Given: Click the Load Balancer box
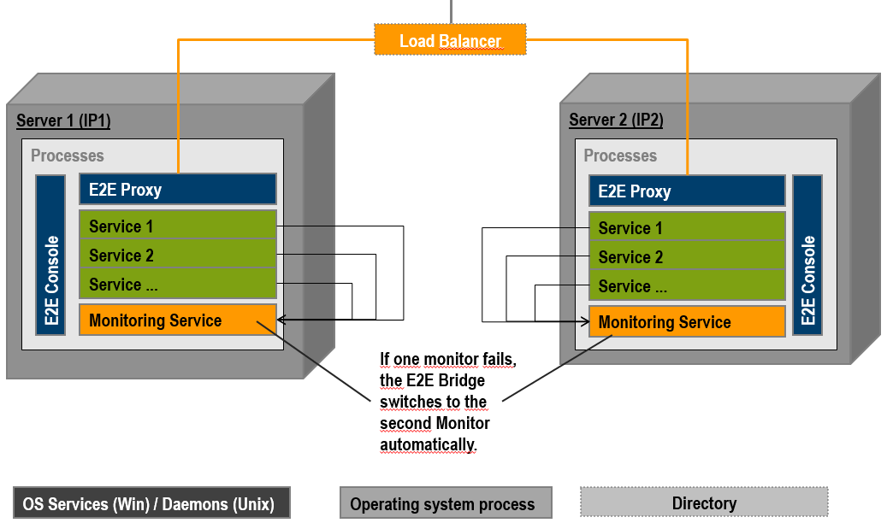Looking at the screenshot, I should tap(450, 40).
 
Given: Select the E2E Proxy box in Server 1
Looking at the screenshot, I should tap(178, 190).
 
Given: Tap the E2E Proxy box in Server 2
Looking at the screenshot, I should tap(687, 191).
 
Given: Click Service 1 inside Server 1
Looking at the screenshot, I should tap(178, 226).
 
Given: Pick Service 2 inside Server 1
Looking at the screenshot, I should tap(178, 256).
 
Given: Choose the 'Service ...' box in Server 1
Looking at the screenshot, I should tap(178, 285).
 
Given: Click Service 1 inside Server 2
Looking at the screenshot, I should tap(687, 228).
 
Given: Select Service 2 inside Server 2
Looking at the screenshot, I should tap(687, 257).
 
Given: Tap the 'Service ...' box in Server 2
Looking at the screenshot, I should tap(687, 286).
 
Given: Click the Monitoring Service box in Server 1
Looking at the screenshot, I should tap(178, 320).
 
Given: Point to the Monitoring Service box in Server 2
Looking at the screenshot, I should tap(687, 322).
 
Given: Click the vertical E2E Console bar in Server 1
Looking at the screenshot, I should tap(50, 255).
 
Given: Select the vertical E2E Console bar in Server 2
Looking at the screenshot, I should tap(807, 255).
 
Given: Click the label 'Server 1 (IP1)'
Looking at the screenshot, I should tap(63, 120).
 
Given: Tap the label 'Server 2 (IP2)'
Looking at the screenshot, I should tap(616, 120).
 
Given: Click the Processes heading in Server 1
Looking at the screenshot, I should tap(68, 156).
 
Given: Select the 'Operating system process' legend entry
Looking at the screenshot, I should tap(446, 503).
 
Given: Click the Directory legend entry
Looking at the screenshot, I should tap(704, 502).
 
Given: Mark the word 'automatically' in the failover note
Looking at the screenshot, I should tap(427, 444).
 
